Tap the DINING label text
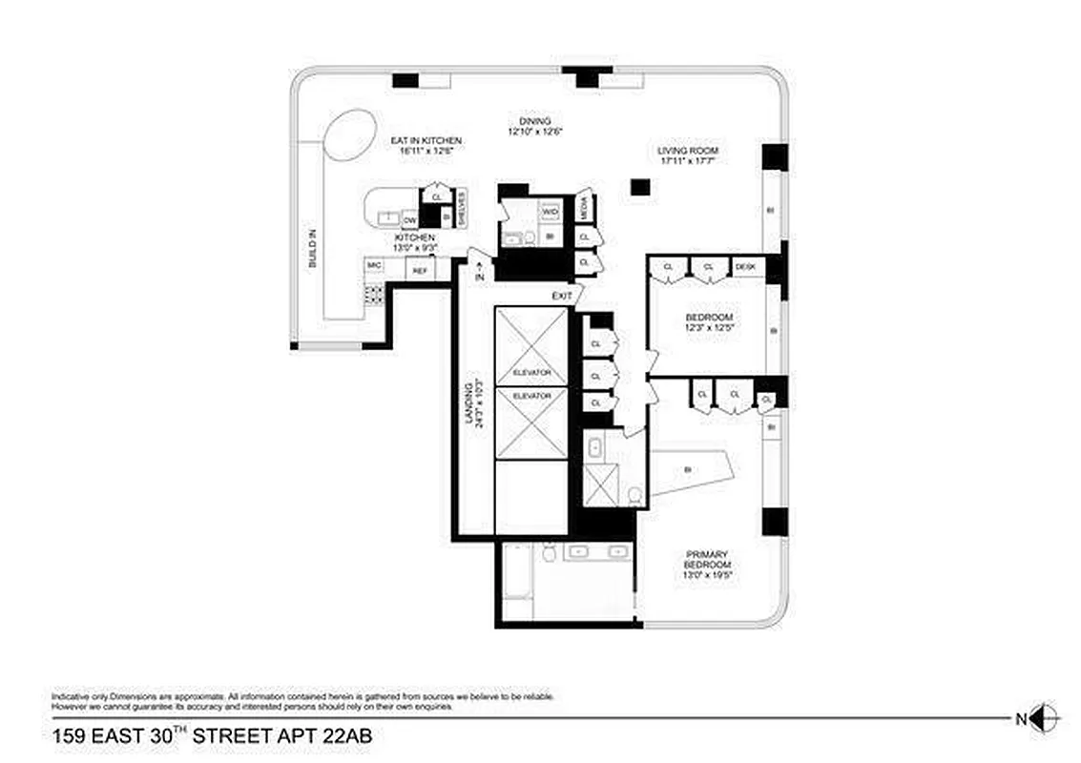[534, 121]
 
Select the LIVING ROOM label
[687, 151]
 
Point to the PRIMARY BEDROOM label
[707, 560]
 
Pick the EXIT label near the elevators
[562, 297]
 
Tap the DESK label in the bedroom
[746, 267]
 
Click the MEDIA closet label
[585, 205]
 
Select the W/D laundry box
[551, 211]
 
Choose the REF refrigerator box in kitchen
[419, 271]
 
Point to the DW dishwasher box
[409, 220]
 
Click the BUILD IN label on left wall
[313, 247]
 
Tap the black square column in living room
[634, 187]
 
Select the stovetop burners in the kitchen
[374, 293]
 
